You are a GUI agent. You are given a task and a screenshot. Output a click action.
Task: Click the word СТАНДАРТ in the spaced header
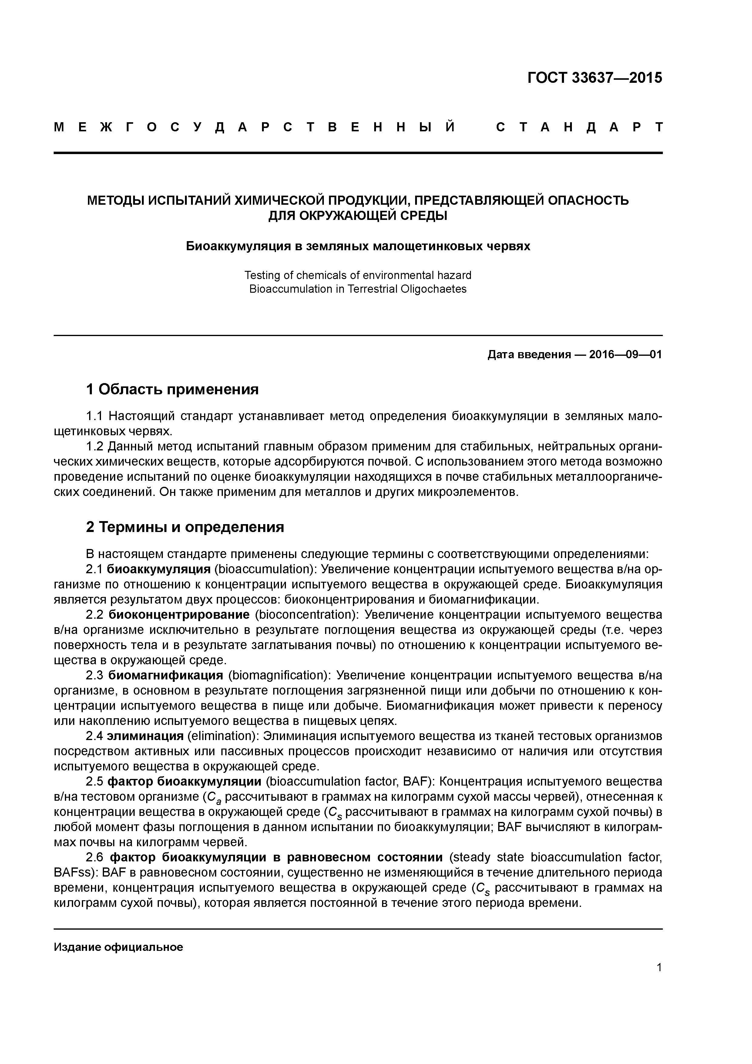579,127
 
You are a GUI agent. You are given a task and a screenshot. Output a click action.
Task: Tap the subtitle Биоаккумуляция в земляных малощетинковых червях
358,246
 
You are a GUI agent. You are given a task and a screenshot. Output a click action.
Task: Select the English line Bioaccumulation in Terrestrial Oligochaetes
358,289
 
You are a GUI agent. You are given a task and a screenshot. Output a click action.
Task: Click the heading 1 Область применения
172,389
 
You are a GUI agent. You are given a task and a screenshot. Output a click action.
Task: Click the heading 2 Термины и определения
185,527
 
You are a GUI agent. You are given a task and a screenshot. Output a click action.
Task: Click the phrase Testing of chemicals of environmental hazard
358,275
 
